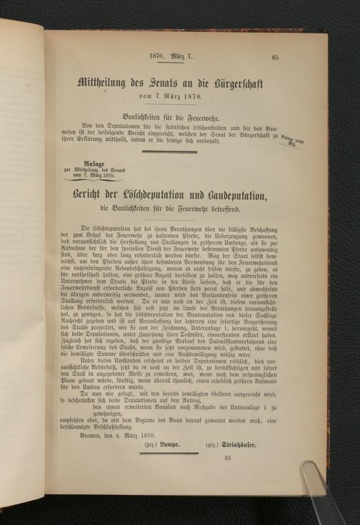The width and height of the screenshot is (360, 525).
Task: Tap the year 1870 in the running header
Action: coord(157,56)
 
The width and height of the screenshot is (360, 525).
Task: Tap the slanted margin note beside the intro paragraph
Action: coord(293,140)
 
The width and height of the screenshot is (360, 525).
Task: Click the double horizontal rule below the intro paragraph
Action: coord(169,151)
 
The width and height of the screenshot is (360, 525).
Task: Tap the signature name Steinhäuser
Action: coord(241,444)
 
